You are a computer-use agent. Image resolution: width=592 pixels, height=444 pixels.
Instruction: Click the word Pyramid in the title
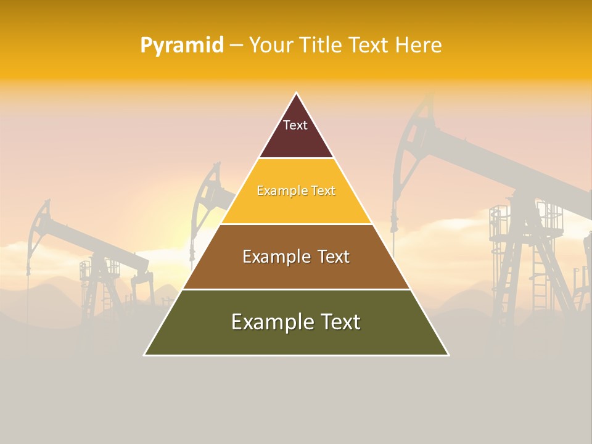click(181, 46)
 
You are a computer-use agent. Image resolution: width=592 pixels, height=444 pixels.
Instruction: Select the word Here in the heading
click(418, 46)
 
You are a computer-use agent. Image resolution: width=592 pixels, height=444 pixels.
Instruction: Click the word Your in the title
click(269, 46)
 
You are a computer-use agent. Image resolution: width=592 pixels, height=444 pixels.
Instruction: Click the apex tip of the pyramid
click(297, 94)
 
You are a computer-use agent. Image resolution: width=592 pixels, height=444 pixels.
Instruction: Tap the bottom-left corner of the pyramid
click(146, 355)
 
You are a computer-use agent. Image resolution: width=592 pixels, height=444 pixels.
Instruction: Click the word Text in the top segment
click(295, 125)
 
